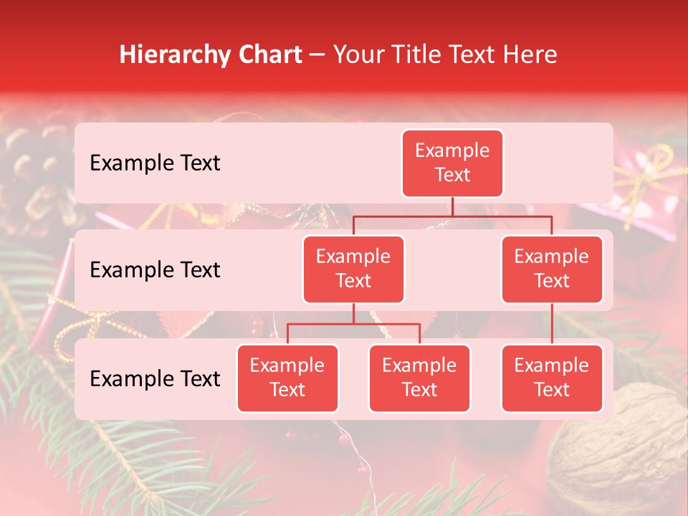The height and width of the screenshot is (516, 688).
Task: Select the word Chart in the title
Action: [x=267, y=55]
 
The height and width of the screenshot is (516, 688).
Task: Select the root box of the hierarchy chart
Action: [x=452, y=163]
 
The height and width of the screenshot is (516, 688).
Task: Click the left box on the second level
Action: [x=353, y=269]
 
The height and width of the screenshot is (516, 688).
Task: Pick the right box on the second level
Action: [x=552, y=269]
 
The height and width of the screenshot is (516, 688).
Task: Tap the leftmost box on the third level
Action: [x=287, y=378]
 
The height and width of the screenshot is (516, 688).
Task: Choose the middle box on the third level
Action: [x=419, y=378]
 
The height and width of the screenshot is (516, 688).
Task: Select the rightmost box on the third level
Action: [x=552, y=378]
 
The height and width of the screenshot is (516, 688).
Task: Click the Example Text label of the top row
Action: [x=155, y=163]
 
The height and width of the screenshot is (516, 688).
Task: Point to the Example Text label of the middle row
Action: [x=155, y=270]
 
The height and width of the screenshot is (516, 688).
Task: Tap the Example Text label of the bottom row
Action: [x=155, y=379]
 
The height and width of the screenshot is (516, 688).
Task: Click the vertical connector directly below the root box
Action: [x=452, y=206]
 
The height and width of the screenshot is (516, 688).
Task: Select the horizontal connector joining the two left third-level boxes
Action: [x=353, y=324]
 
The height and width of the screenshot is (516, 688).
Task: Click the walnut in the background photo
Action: [x=623, y=444]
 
